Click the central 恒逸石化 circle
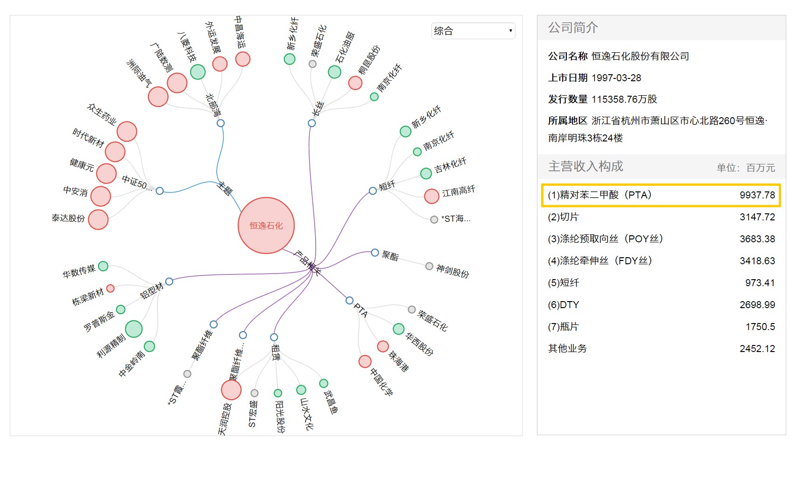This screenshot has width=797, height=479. pos(266,225)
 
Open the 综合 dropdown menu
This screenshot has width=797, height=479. pos(473,31)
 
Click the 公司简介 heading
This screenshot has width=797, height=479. pos(573,28)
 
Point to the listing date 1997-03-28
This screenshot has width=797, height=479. pos(616,78)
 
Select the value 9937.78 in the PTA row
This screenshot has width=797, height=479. pos(757,195)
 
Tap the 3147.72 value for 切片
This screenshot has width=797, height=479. pos(757,217)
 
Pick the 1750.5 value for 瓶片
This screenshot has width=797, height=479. pos(760,327)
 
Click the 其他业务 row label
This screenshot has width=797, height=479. pos(567,348)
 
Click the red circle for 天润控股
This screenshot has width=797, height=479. pos(231,390)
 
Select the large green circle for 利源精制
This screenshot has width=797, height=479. pos(134,329)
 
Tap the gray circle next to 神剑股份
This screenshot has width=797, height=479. pos(429,266)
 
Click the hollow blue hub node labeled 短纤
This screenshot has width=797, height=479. pos(373,190)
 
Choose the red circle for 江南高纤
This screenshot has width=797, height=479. pos(431,196)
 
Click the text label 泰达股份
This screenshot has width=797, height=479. pos(68,218)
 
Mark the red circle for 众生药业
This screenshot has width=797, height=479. pos(127,131)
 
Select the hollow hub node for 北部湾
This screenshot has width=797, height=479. pos(220,123)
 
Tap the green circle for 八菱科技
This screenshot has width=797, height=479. pos(198,72)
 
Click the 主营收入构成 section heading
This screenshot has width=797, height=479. pos(585,166)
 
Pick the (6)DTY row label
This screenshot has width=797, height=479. pos(563,305)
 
